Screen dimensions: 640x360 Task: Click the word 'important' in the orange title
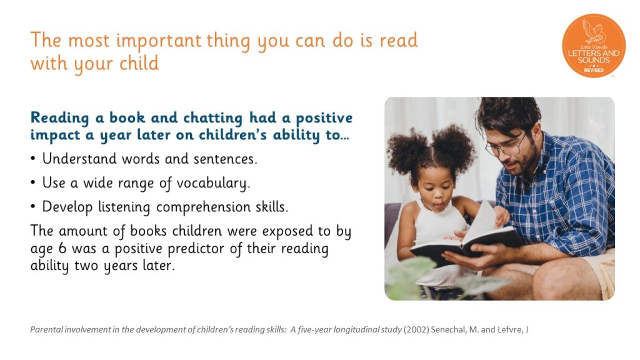[159, 41]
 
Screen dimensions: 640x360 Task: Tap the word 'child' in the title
[139, 63]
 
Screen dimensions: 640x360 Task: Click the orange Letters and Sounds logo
[594, 46]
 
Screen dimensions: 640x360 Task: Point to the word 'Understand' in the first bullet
[79, 158]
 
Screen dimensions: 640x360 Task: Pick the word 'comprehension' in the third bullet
[204, 207]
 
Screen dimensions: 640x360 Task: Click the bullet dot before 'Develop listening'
[33, 206]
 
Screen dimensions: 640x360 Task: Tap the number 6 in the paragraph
[62, 248]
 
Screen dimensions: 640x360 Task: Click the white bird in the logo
[592, 31]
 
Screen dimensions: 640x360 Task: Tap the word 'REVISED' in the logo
[594, 70]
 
